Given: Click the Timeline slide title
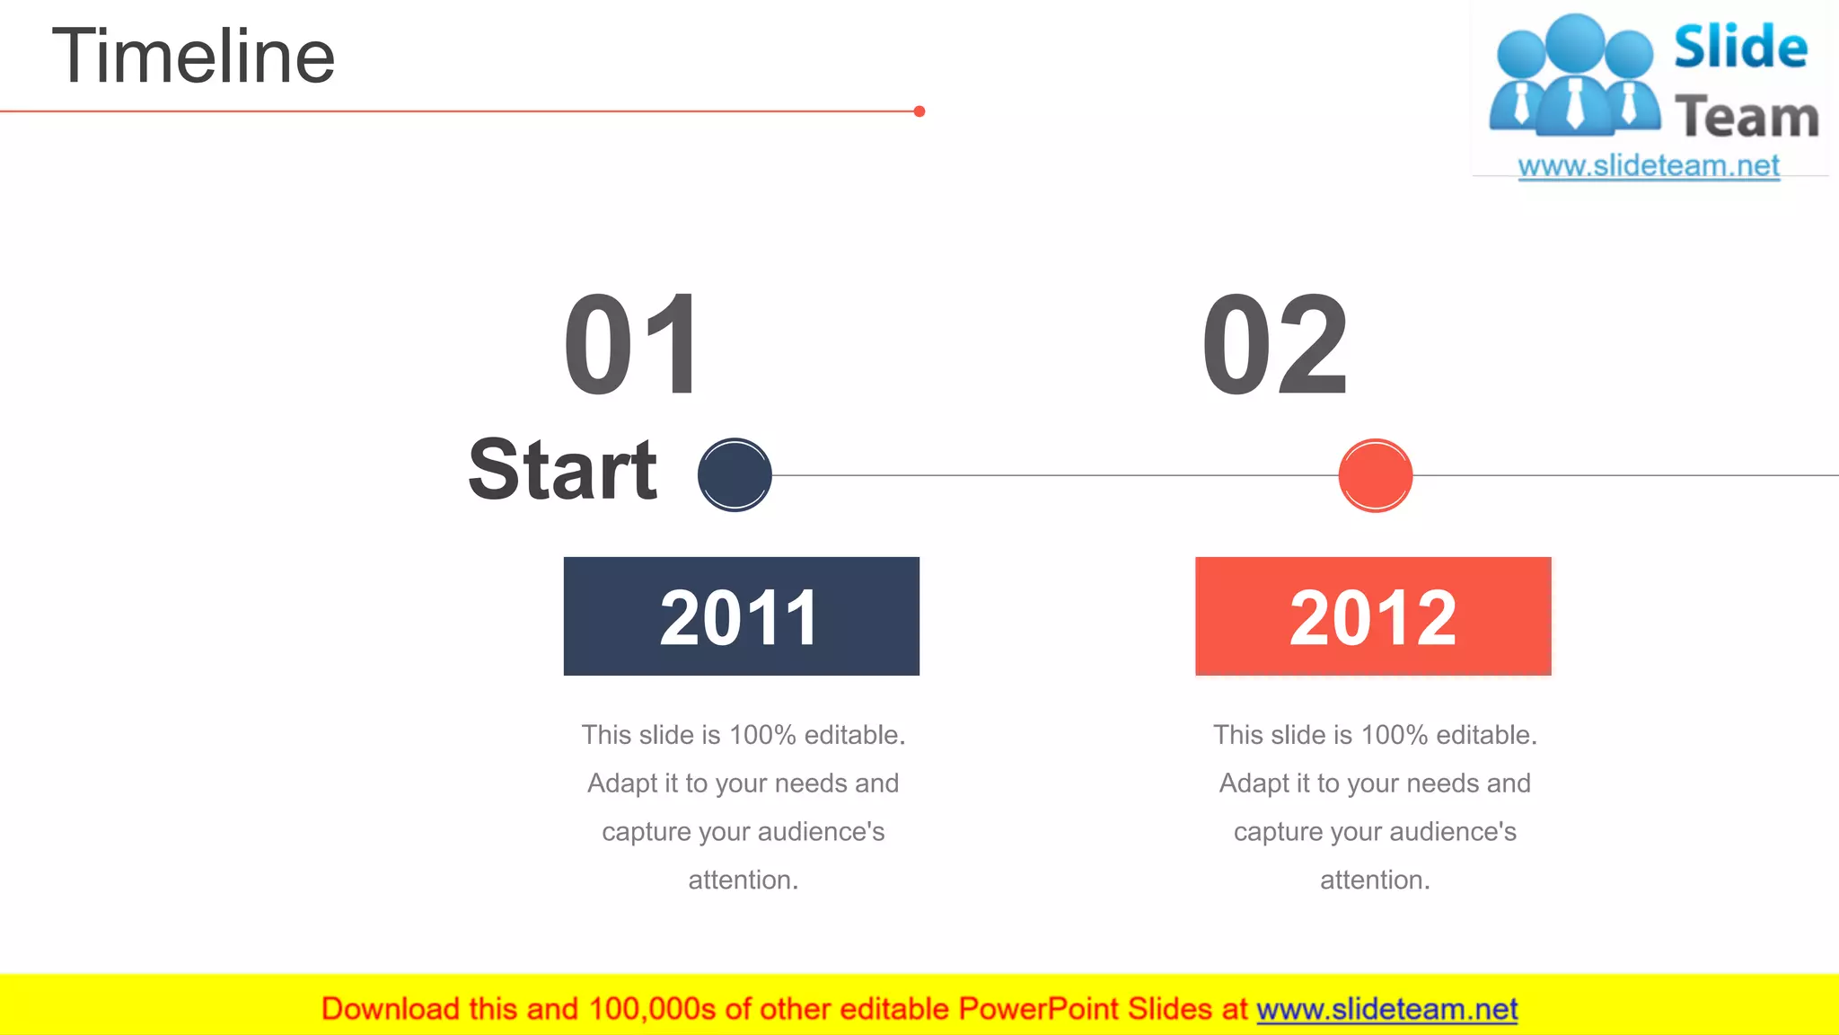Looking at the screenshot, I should [x=193, y=57].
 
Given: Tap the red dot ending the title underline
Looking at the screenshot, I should [x=919, y=111].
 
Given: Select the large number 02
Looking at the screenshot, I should [x=1275, y=345].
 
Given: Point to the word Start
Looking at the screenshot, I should [x=563, y=470].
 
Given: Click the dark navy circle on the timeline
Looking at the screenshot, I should [x=735, y=474].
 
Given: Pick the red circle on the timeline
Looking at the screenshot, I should [x=1375, y=475].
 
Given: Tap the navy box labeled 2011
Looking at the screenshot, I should [x=741, y=616].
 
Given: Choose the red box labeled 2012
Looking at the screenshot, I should [x=1373, y=616].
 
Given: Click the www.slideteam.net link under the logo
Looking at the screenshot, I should [x=1649, y=166].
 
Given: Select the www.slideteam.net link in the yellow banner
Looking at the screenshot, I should [x=1386, y=1010].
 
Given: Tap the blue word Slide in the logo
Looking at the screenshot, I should [x=1740, y=47].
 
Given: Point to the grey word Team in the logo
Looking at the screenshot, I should [x=1747, y=117].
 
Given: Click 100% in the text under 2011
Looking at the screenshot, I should [x=762, y=735].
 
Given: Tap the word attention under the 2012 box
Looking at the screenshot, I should [x=1372, y=880].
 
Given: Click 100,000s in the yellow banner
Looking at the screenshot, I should [x=652, y=1010].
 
